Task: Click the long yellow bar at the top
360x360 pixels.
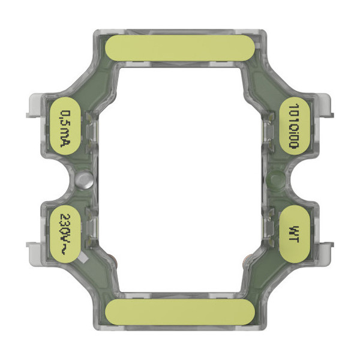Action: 179,48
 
